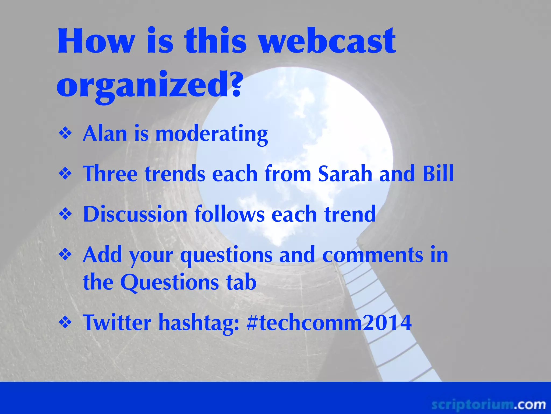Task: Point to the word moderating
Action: pyautogui.click(x=211, y=134)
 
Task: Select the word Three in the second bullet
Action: pyautogui.click(x=110, y=174)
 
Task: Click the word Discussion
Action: pyautogui.click(x=135, y=214)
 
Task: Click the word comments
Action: pyautogui.click(x=373, y=255)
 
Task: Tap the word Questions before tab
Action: pyautogui.click(x=169, y=282)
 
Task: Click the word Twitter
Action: pyautogui.click(x=117, y=322)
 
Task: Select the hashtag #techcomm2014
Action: pyautogui.click(x=329, y=322)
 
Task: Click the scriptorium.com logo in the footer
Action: pyautogui.click(x=488, y=405)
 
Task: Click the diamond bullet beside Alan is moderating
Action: pyautogui.click(x=65, y=133)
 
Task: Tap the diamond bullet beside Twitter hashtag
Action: pyautogui.click(x=65, y=322)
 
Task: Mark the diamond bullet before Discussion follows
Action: pyautogui.click(x=65, y=214)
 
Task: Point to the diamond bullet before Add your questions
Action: pyautogui.click(x=65, y=255)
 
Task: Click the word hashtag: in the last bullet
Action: pyautogui.click(x=199, y=323)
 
